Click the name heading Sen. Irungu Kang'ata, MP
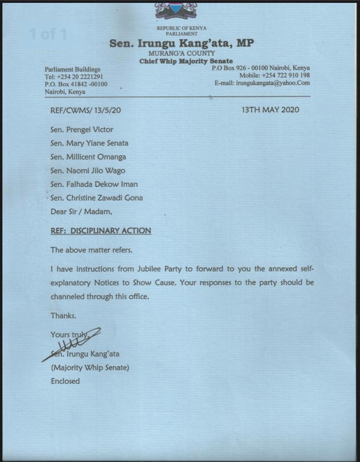point(181,44)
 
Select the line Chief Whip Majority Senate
point(186,61)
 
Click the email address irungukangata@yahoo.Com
point(272,83)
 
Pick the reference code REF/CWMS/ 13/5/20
point(85,110)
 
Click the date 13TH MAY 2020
point(271,110)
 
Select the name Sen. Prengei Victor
point(82,130)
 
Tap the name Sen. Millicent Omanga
point(88,157)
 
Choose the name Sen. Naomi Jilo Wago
point(87,170)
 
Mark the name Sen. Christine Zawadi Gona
point(96,198)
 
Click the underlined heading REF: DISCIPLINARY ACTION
point(101,231)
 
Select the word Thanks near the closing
point(63,316)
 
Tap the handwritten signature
point(72,344)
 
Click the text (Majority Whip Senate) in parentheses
point(90,368)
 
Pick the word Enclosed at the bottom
point(65,381)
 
